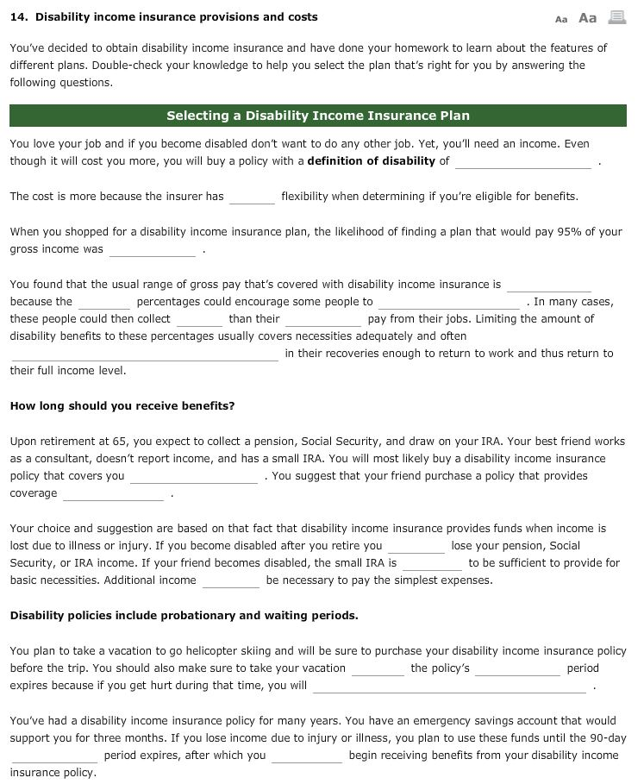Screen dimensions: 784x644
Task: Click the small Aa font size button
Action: coord(561,18)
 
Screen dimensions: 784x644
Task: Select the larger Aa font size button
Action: coord(587,17)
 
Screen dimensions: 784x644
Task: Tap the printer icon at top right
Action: coord(616,17)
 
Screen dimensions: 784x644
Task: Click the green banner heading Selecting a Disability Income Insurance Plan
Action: coord(317,116)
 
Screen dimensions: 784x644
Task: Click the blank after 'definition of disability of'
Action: coord(522,161)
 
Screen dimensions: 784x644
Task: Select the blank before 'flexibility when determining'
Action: coord(252,197)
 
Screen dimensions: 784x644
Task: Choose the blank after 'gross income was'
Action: coord(153,249)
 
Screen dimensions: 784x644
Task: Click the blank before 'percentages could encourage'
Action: coord(104,302)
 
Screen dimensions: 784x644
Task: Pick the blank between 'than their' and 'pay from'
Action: coord(323,319)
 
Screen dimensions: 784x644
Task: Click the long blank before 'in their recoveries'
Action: coord(144,354)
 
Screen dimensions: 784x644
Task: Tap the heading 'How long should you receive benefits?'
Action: coord(122,405)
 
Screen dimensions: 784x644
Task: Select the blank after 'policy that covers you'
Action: coord(194,476)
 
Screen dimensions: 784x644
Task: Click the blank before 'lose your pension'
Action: coord(416,546)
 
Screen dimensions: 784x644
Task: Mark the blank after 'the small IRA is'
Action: coord(432,563)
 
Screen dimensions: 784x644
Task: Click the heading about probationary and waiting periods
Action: coord(184,616)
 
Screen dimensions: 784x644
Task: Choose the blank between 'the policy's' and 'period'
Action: coord(517,668)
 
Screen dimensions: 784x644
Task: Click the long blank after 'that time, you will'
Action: coord(449,687)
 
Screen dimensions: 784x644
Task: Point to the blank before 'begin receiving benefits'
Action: coord(307,756)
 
